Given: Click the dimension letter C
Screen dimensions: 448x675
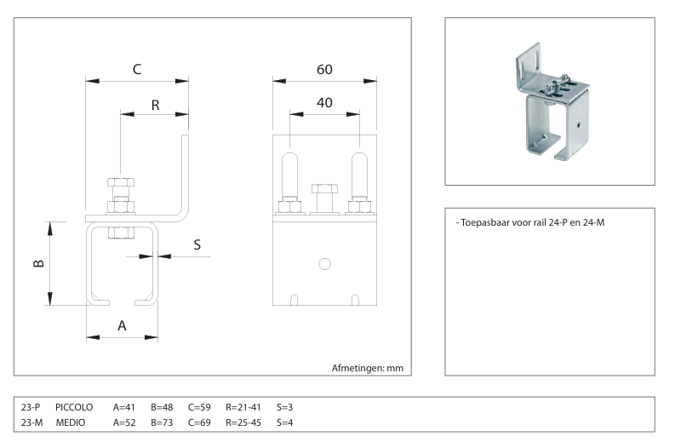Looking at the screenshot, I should [x=137, y=69].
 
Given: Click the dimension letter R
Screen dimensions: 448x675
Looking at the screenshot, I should [x=155, y=105].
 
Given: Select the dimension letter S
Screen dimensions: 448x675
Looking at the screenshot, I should [x=197, y=244].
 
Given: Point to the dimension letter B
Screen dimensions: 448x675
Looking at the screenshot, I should [x=38, y=263].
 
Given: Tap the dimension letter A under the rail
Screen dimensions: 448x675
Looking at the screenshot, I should [x=122, y=325].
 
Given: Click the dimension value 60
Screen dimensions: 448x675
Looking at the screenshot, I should [x=324, y=69].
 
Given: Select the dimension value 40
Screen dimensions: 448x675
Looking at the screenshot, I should [x=324, y=102].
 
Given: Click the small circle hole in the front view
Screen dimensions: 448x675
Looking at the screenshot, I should [x=324, y=263].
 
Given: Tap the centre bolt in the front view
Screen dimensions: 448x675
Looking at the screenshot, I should [x=324, y=198].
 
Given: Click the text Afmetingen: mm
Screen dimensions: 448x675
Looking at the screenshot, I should [x=366, y=368].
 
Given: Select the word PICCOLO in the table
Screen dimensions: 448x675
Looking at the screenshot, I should [x=74, y=407].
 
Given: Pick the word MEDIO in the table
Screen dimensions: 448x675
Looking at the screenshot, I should [x=72, y=422].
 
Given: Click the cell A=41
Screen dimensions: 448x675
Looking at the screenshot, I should [x=124, y=407].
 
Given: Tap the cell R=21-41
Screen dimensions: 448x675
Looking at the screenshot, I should [x=243, y=407].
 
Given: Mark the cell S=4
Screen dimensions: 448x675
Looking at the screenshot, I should [x=285, y=422].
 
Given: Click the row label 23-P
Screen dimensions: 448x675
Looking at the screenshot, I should [x=31, y=407].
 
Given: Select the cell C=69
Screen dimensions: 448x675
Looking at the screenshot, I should [x=200, y=422].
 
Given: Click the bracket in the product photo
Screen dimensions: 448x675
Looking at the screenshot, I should [x=553, y=106].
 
